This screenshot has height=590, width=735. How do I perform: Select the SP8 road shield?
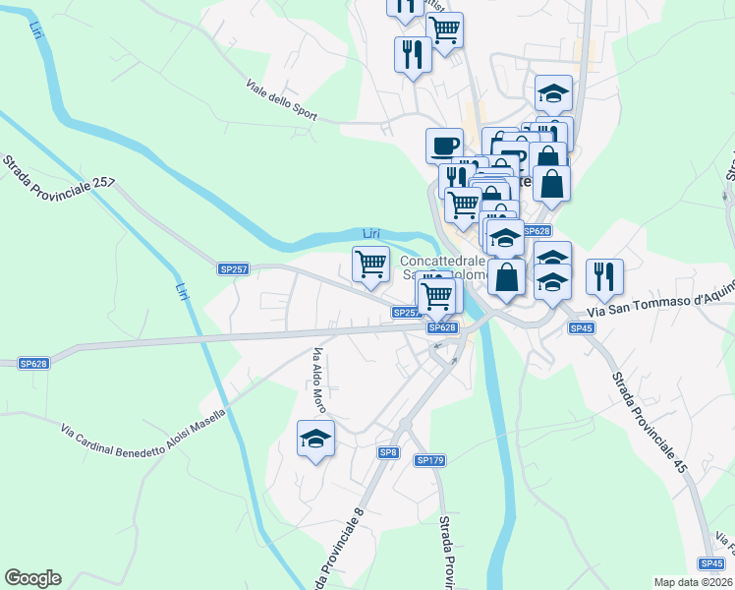(x=388, y=451)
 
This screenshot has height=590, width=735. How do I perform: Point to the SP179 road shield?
(x=430, y=460)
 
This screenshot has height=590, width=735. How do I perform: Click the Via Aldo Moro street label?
(x=318, y=379)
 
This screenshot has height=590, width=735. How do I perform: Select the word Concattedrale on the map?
(x=443, y=261)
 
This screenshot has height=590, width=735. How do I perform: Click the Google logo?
(x=32, y=578)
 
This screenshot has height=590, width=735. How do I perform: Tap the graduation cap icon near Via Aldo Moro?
(x=316, y=439)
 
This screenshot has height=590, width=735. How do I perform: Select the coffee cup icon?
(x=444, y=146)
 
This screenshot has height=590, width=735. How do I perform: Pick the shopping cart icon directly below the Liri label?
(x=370, y=264)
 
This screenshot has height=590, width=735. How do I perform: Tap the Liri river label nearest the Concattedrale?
(x=370, y=233)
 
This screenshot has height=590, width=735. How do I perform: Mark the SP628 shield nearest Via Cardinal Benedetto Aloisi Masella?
(x=33, y=363)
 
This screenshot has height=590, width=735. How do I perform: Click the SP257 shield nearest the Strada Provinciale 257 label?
(x=232, y=267)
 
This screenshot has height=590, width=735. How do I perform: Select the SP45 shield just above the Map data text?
(x=712, y=563)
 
